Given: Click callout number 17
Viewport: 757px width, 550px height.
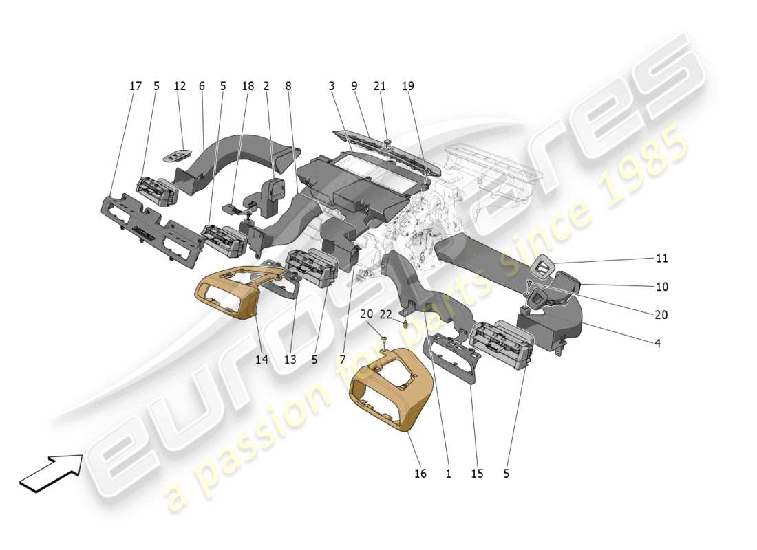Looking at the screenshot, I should pos(136,86).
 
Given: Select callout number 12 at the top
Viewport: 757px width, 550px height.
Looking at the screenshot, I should pos(180,86).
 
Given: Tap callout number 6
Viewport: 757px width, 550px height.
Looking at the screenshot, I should pos(202,86).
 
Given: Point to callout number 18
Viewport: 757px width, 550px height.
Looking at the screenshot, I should pos(248,86).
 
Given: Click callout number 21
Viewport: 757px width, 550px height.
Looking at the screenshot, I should pos(380,86).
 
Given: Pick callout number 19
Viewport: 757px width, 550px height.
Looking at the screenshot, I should pos(408,86).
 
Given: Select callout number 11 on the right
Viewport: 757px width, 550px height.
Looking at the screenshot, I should pos(662,258).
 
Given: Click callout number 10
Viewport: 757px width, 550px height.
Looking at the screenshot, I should pos(662,287).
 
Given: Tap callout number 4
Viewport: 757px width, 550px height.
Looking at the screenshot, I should pos(658,343).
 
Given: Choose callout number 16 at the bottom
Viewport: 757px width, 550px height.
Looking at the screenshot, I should pos(420,474).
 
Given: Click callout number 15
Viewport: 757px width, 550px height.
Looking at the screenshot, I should pos(477,474).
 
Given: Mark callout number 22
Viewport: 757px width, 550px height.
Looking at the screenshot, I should pos(386,314).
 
